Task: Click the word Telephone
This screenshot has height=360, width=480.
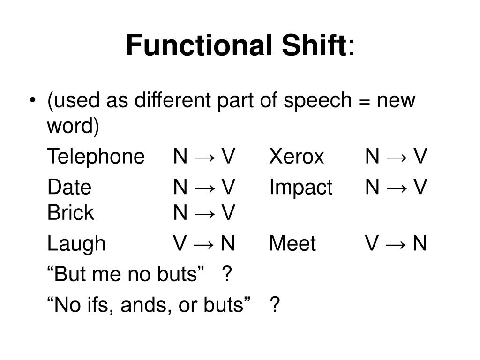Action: (x=96, y=157)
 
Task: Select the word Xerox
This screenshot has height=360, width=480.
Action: (x=296, y=157)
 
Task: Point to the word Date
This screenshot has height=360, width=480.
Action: (x=69, y=187)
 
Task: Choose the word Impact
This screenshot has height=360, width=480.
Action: (x=300, y=187)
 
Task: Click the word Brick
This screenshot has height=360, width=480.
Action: (x=70, y=213)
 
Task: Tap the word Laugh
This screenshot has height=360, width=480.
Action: (x=76, y=244)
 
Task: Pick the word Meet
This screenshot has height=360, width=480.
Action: (x=292, y=244)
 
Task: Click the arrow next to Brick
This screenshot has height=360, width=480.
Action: (x=204, y=213)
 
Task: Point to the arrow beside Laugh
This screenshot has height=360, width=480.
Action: (x=204, y=244)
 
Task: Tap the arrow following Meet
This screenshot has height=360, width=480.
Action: (x=397, y=244)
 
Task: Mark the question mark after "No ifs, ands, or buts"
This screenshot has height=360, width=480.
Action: (x=275, y=305)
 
